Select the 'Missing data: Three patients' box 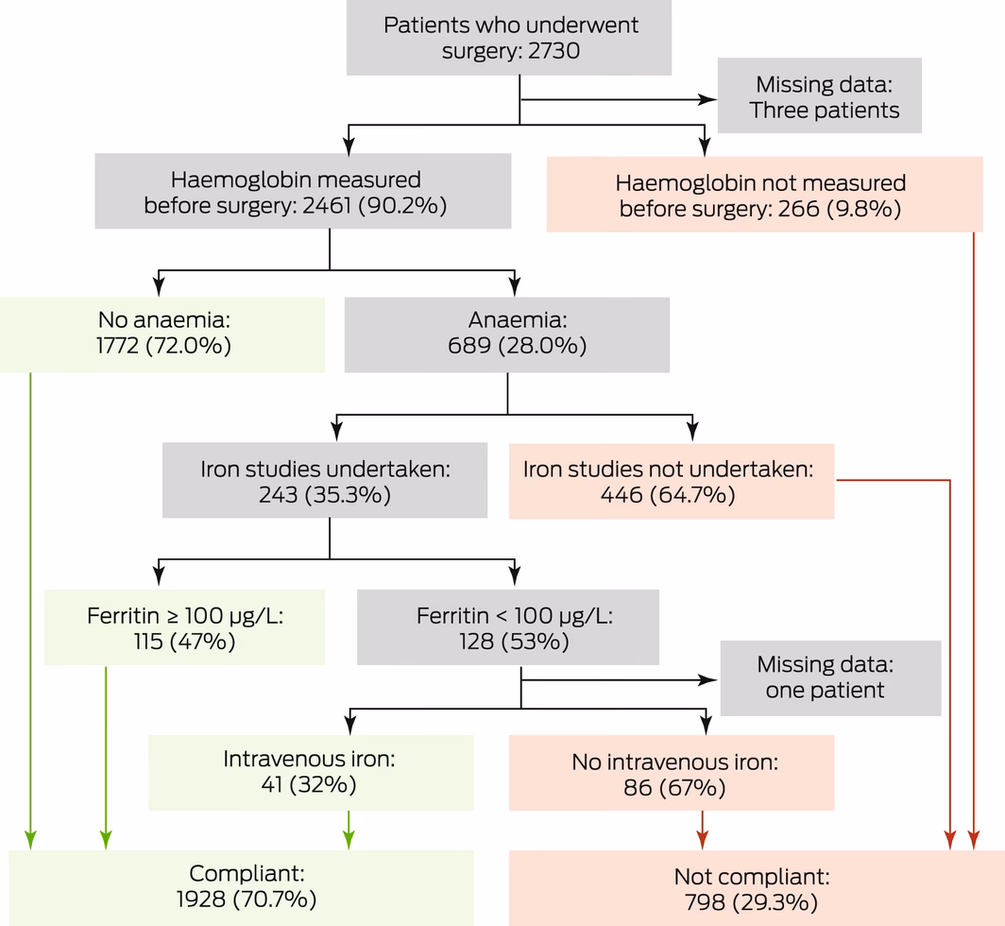(x=819, y=96)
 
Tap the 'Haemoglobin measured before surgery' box (x=302, y=192)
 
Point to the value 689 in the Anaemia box (x=469, y=346)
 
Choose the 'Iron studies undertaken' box (x=324, y=481)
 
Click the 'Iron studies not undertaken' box (x=671, y=481)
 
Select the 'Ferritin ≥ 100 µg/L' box (x=185, y=628)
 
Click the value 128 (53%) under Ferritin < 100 (x=507, y=642)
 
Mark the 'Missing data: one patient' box (x=830, y=677)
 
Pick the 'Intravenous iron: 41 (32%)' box (x=311, y=771)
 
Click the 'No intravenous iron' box (x=671, y=773)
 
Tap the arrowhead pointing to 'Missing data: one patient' (x=707, y=678)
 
